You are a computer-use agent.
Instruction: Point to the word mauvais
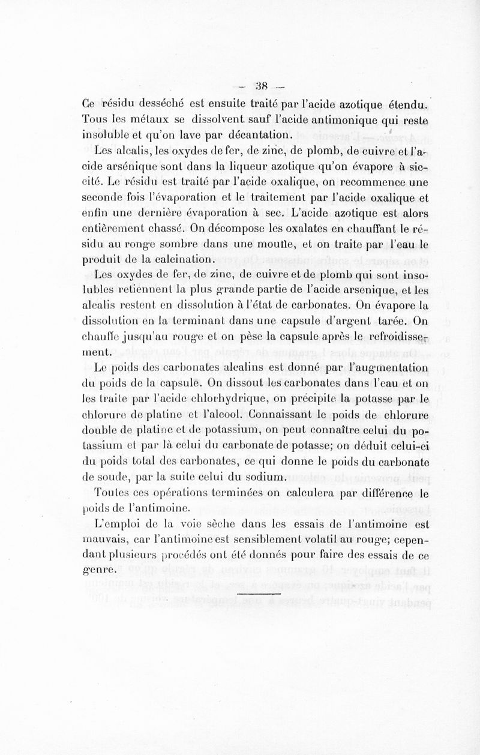pyautogui.click(x=103, y=539)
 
